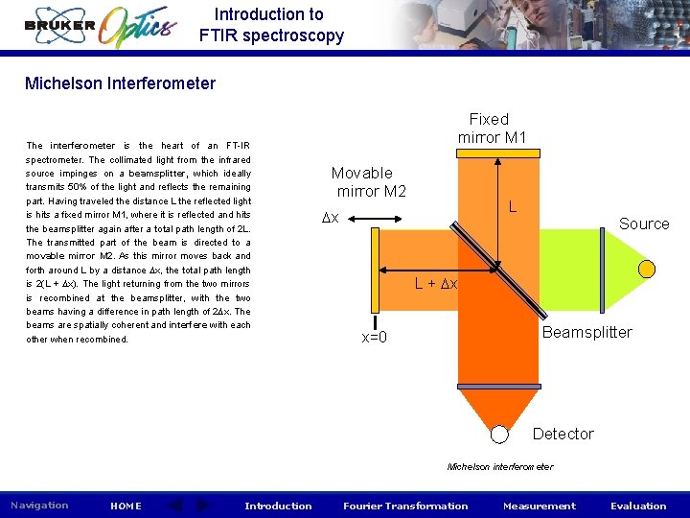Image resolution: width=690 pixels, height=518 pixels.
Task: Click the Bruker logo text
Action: pyautogui.click(x=60, y=26)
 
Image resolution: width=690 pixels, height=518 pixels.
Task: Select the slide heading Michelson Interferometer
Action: pyautogui.click(x=120, y=83)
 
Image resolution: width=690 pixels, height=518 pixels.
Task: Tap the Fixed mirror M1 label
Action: pyautogui.click(x=491, y=129)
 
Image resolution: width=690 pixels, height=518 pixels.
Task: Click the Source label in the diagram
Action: pyautogui.click(x=644, y=224)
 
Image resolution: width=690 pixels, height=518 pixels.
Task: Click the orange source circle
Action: pyautogui.click(x=647, y=267)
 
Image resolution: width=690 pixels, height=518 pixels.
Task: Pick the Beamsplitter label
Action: pyautogui.click(x=586, y=333)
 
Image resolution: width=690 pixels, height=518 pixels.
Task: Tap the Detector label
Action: pyautogui.click(x=563, y=435)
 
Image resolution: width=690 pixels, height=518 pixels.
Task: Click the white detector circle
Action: pyautogui.click(x=499, y=435)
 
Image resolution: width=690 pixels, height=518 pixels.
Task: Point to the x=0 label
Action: pyautogui.click(x=374, y=338)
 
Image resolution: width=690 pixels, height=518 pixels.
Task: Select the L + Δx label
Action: pyautogui.click(x=436, y=284)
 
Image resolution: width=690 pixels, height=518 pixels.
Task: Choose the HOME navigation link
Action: pyautogui.click(x=126, y=506)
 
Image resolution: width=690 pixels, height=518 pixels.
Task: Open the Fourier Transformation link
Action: pyautogui.click(x=405, y=506)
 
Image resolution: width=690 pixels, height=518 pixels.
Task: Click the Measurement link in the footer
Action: pyautogui.click(x=540, y=506)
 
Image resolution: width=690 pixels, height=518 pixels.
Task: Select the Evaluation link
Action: pyautogui.click(x=638, y=506)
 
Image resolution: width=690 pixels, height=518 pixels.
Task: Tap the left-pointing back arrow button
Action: pyautogui.click(x=175, y=506)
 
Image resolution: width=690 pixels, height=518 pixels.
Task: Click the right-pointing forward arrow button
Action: pyautogui.click(x=203, y=506)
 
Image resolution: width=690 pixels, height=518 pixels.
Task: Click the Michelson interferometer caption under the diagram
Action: pyautogui.click(x=499, y=467)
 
